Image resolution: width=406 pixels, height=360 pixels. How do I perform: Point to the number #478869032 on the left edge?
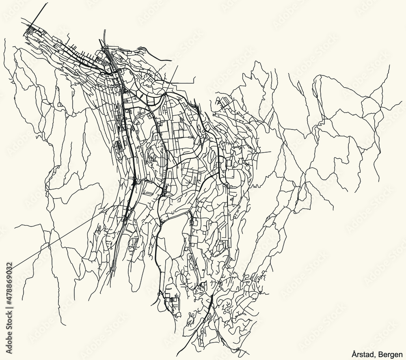(9, 284)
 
